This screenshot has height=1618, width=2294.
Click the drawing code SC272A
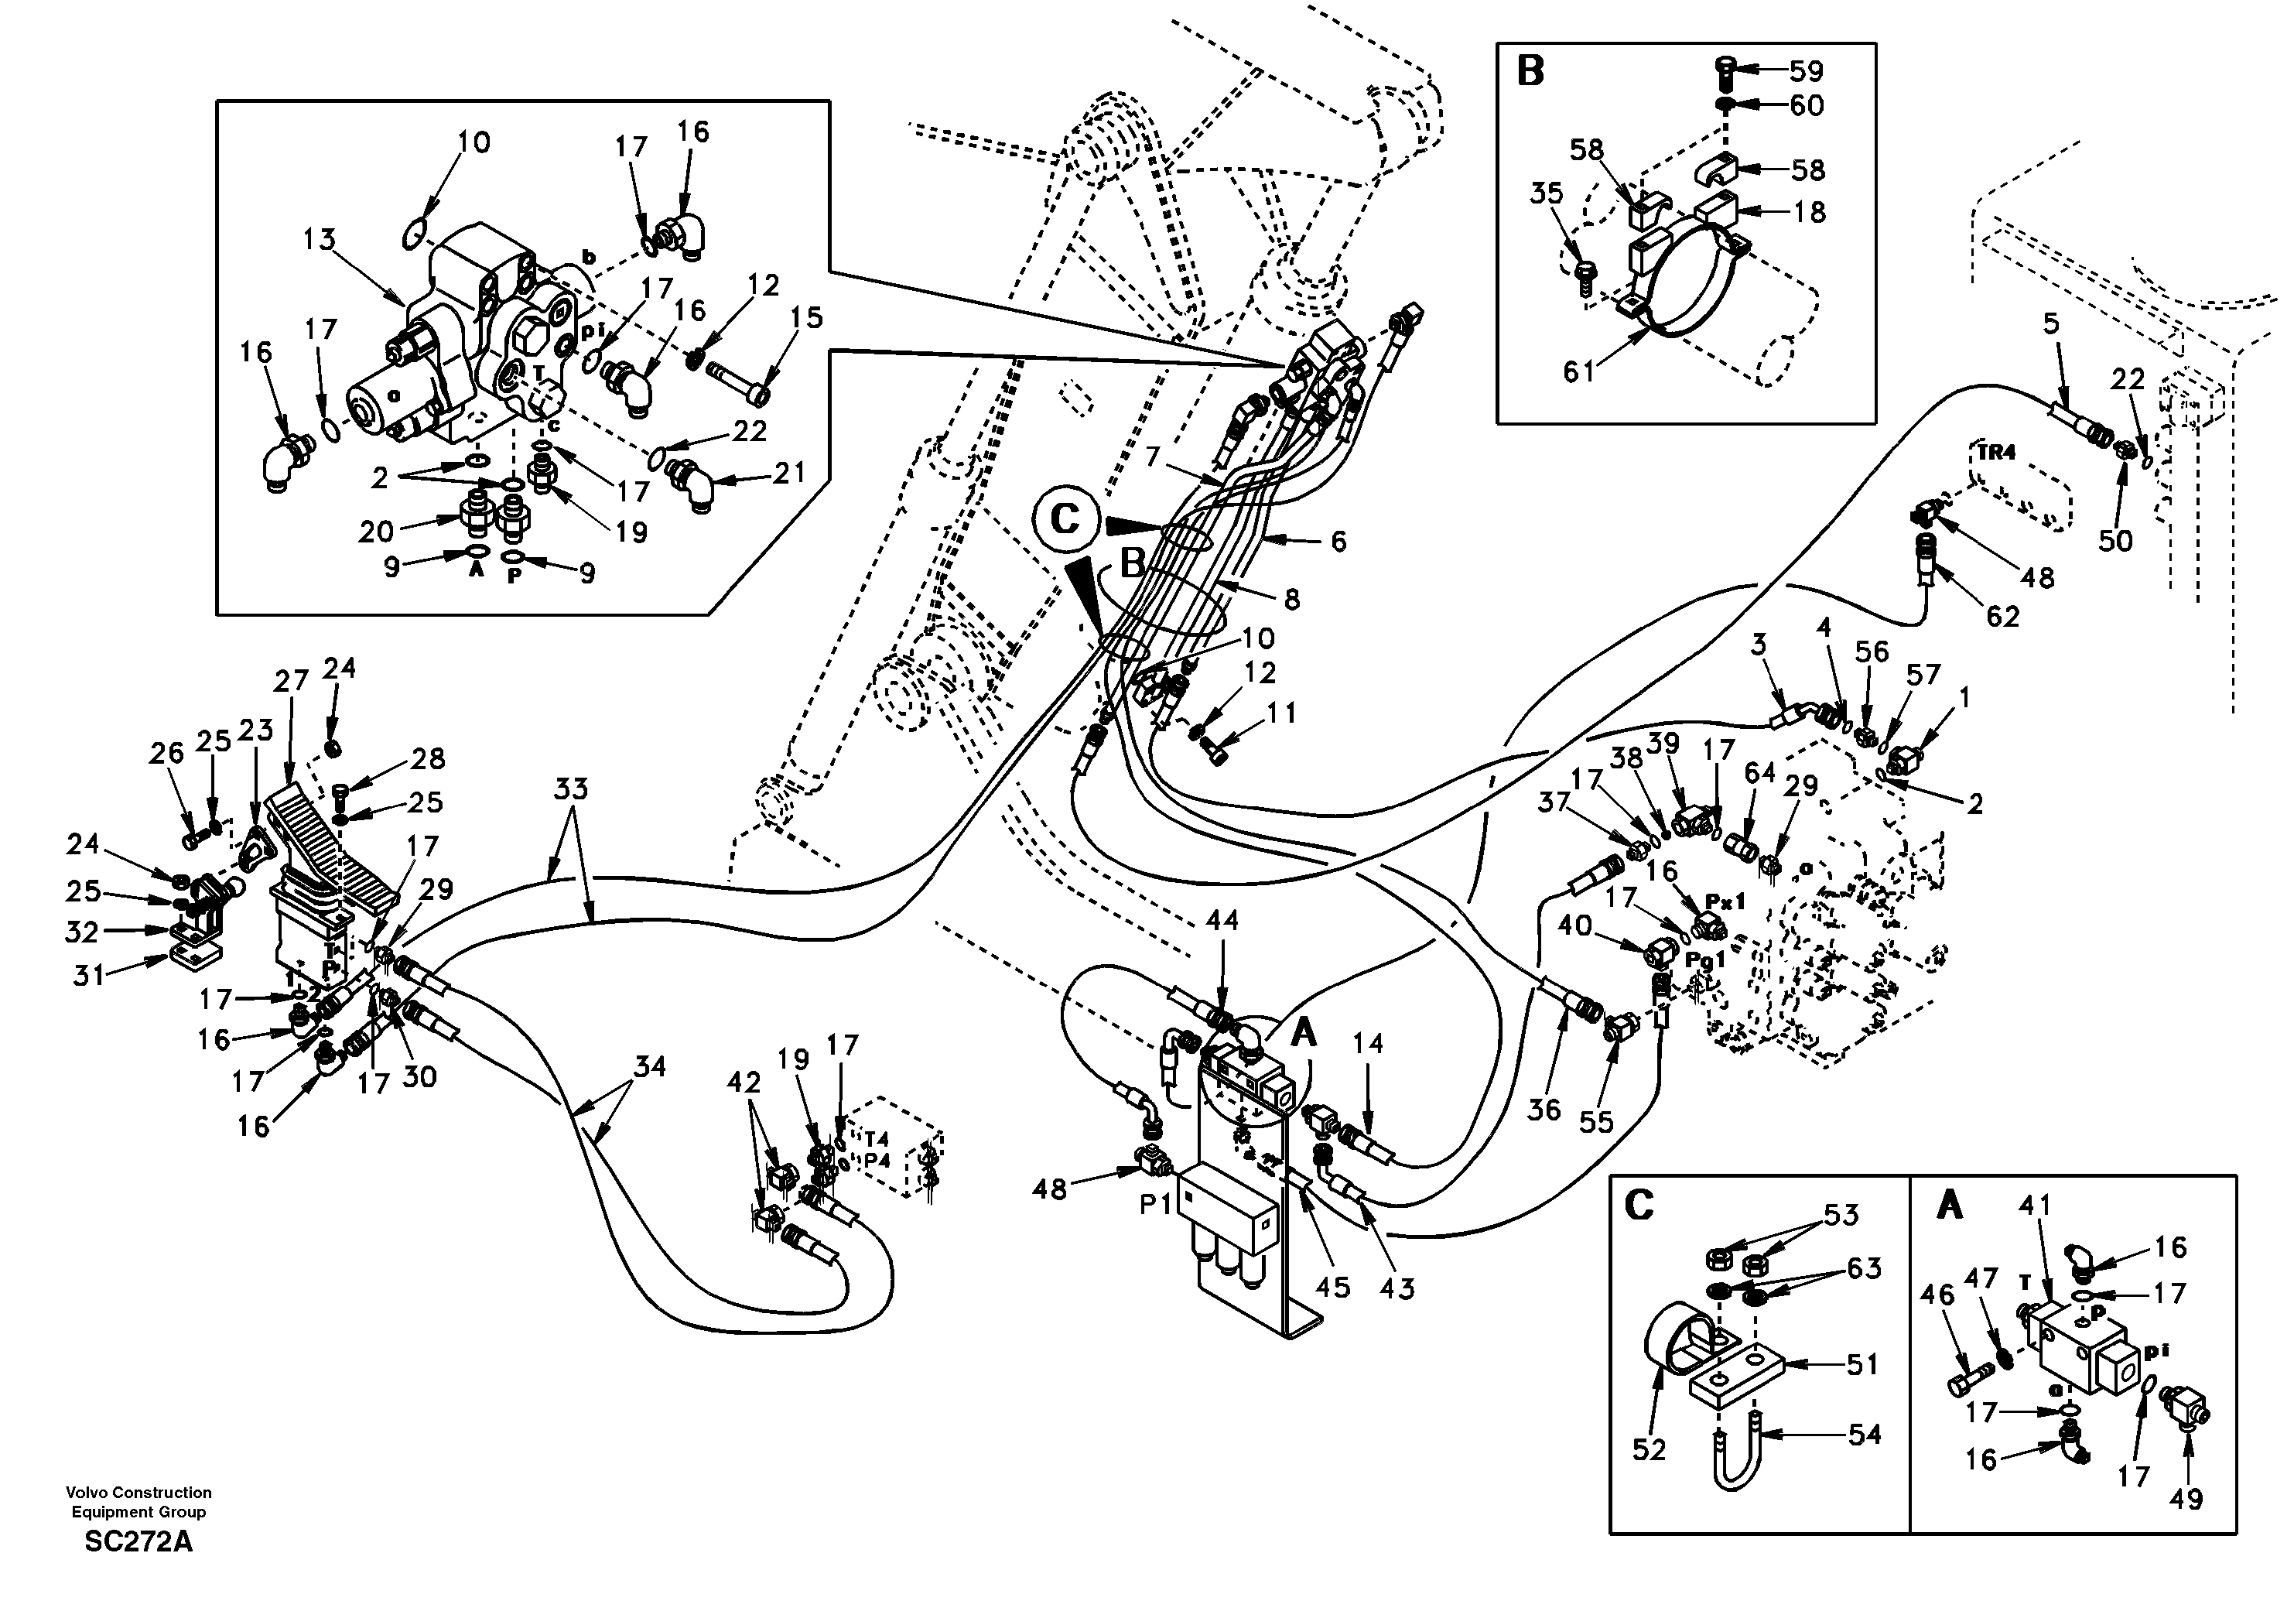point(138,1542)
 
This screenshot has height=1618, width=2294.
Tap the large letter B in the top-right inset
point(1530,72)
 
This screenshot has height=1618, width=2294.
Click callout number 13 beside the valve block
point(320,240)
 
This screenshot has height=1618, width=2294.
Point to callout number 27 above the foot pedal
point(291,682)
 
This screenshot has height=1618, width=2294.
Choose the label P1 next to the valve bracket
point(1155,1206)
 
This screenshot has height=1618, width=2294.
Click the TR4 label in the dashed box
point(1995,453)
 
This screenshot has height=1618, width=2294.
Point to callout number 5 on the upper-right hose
point(2051,323)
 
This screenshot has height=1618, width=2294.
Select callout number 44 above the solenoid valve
point(1221,921)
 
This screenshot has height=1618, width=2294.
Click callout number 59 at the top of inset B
point(1807,71)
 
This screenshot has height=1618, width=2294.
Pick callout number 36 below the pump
point(1544,1110)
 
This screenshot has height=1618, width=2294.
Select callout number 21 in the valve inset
point(789,472)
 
